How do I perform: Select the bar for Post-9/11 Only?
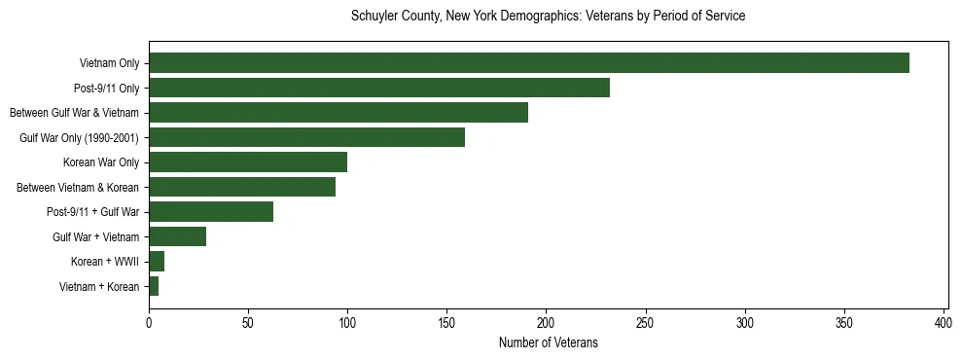pyautogui.click(x=379, y=88)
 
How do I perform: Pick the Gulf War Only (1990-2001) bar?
pyautogui.click(x=306, y=137)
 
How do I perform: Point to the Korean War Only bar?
pyautogui.click(x=248, y=162)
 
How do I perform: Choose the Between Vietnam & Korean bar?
pyautogui.click(x=242, y=187)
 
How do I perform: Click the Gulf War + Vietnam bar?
pyautogui.click(x=177, y=236)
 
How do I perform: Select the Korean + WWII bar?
pyautogui.click(x=157, y=262)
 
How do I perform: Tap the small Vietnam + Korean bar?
pyautogui.click(x=154, y=286)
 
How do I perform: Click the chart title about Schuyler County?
pyautogui.click(x=548, y=17)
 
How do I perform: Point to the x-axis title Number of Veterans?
pyautogui.click(x=548, y=343)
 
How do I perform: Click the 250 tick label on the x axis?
pyautogui.click(x=646, y=322)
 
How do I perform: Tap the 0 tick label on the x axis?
pyautogui.click(x=149, y=322)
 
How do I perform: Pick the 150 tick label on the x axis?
pyautogui.click(x=447, y=322)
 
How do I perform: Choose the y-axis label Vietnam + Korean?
pyautogui.click(x=99, y=287)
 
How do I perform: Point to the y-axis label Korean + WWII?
pyautogui.click(x=105, y=262)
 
